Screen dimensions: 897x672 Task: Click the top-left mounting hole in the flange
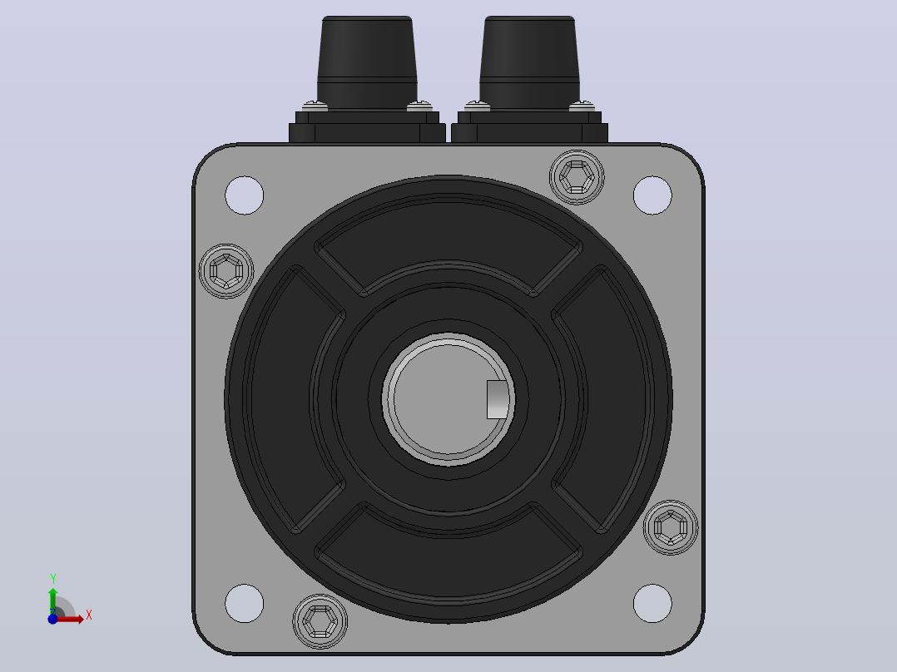245,195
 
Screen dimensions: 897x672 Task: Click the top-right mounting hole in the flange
652,195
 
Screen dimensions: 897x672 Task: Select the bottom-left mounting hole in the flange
245,603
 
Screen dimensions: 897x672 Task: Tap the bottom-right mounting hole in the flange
652,603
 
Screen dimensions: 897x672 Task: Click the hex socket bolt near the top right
577,177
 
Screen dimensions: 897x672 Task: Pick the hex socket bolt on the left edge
226,271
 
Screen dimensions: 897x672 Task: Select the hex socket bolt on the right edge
671,527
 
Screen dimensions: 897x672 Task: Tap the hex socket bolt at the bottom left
320,621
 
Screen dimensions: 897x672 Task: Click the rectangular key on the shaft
497,399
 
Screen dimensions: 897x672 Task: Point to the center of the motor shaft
448,399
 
